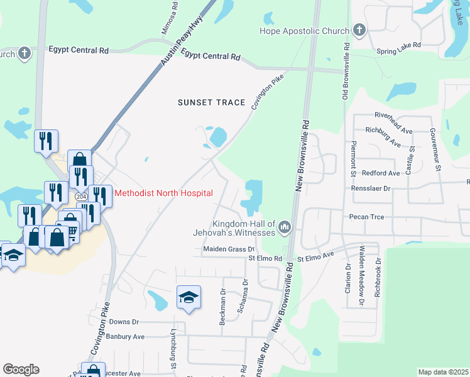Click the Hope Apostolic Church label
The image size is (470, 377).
[305, 31]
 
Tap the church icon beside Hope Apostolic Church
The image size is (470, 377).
[359, 30]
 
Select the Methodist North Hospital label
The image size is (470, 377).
[163, 193]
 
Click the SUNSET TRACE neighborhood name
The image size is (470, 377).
[211, 102]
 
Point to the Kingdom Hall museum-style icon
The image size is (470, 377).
[285, 226]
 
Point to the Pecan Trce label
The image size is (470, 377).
[366, 217]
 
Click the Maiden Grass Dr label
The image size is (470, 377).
[227, 249]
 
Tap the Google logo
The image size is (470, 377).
[20, 369]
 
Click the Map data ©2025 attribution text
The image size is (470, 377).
[442, 372]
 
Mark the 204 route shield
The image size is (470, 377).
[82, 197]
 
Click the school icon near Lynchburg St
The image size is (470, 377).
[189, 297]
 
